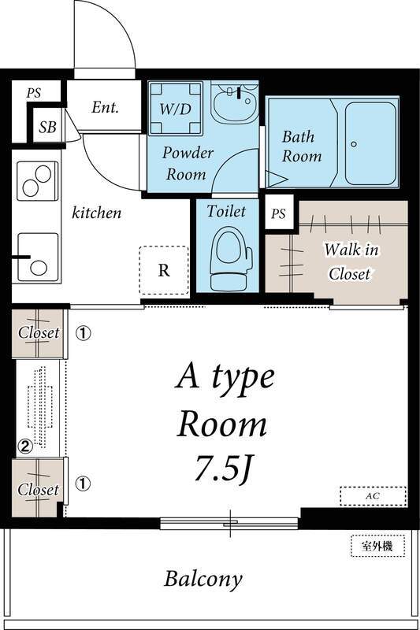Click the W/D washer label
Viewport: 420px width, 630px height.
(175, 109)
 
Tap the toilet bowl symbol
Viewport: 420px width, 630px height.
(231, 258)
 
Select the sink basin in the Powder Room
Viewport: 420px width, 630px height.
(235, 103)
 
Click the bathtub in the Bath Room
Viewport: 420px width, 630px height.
(370, 144)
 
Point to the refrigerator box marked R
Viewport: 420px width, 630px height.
(164, 270)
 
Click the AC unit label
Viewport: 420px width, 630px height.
(373, 496)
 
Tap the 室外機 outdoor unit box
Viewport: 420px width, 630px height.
(377, 546)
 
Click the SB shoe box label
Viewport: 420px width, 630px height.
(47, 127)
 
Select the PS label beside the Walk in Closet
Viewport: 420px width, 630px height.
(278, 213)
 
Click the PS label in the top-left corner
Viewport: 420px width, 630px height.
(34, 93)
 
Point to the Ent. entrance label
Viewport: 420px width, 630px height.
(105, 107)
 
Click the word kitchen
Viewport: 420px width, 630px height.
(96, 212)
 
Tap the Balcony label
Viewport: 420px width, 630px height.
(203, 580)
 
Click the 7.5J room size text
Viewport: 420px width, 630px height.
(222, 468)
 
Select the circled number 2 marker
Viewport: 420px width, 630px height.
(25, 446)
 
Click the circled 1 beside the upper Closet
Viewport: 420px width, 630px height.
(84, 333)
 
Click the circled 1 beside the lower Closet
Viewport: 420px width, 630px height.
(84, 484)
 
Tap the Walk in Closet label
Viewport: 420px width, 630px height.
(350, 261)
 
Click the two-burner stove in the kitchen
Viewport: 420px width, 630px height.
(37, 181)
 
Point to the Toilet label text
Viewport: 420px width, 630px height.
(226, 211)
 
